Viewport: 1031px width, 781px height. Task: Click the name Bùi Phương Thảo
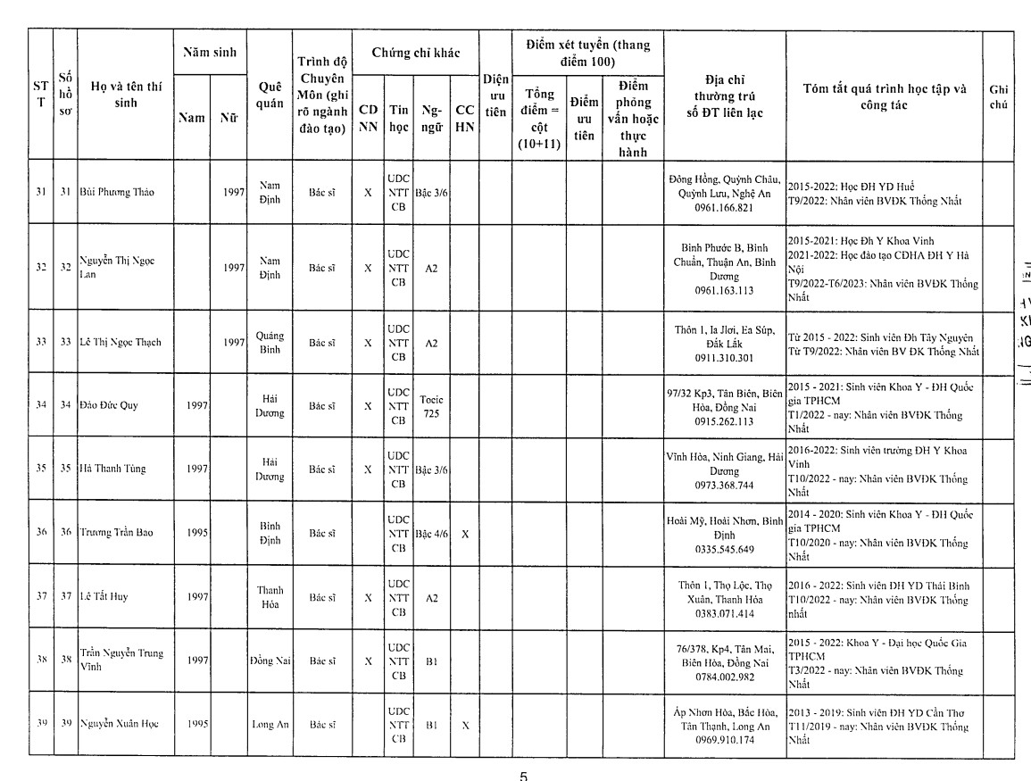tap(115, 192)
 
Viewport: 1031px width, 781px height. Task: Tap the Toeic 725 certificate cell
tap(431, 406)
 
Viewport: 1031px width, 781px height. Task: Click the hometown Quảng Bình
tap(270, 342)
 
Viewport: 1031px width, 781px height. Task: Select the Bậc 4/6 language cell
tap(431, 533)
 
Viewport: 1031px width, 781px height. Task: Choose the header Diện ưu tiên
tap(495, 96)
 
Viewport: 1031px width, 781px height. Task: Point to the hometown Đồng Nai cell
tap(270, 661)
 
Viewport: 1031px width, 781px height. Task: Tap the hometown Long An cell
tap(270, 723)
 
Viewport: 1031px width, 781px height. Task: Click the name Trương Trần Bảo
tap(116, 533)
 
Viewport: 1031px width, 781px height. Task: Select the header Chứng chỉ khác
tap(415, 54)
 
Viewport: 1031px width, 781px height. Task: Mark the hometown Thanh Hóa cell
tap(270, 596)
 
